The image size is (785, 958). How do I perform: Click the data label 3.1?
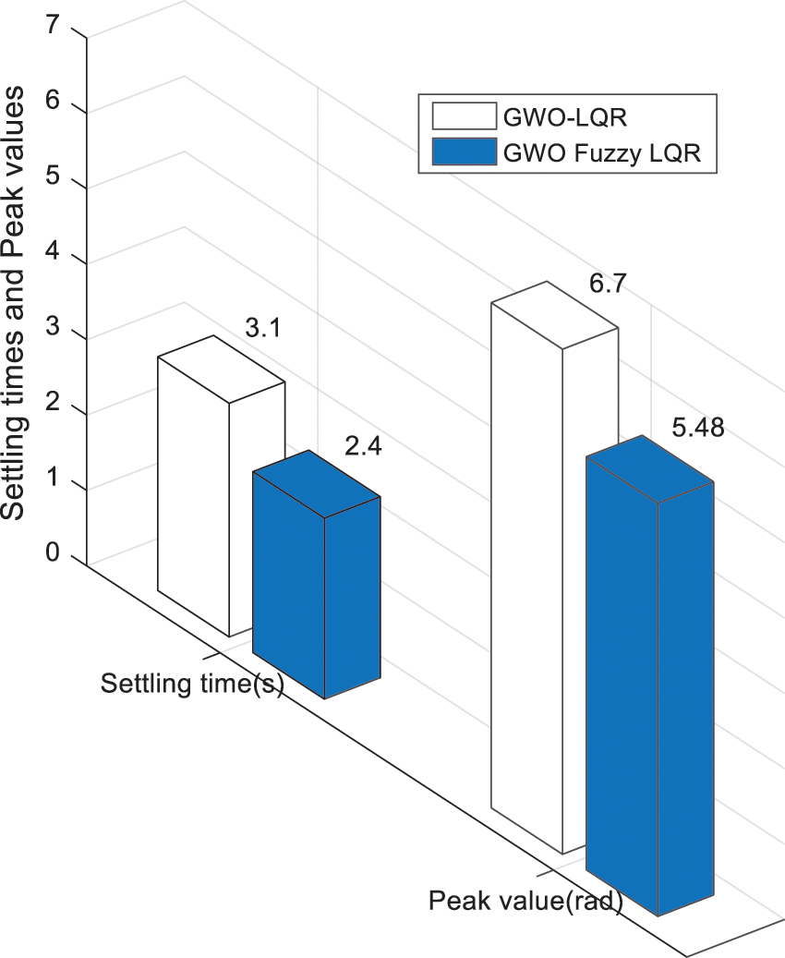tap(263, 327)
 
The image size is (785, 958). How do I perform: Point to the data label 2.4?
tap(362, 448)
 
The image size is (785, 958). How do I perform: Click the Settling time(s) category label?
tap(192, 685)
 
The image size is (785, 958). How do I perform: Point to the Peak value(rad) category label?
tap(525, 900)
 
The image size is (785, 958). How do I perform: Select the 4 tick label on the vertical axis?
tap(53, 252)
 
